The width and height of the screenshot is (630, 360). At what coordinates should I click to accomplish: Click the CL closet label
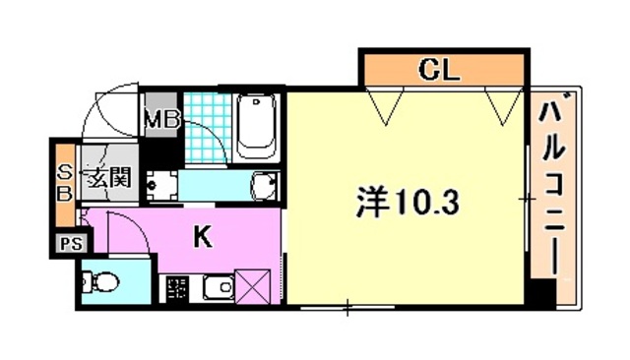(442, 70)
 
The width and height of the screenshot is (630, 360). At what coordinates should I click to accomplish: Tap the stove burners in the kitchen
(177, 289)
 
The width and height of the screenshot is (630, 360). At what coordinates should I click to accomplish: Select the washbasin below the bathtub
(263, 185)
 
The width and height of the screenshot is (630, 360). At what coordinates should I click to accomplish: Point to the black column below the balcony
(539, 293)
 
